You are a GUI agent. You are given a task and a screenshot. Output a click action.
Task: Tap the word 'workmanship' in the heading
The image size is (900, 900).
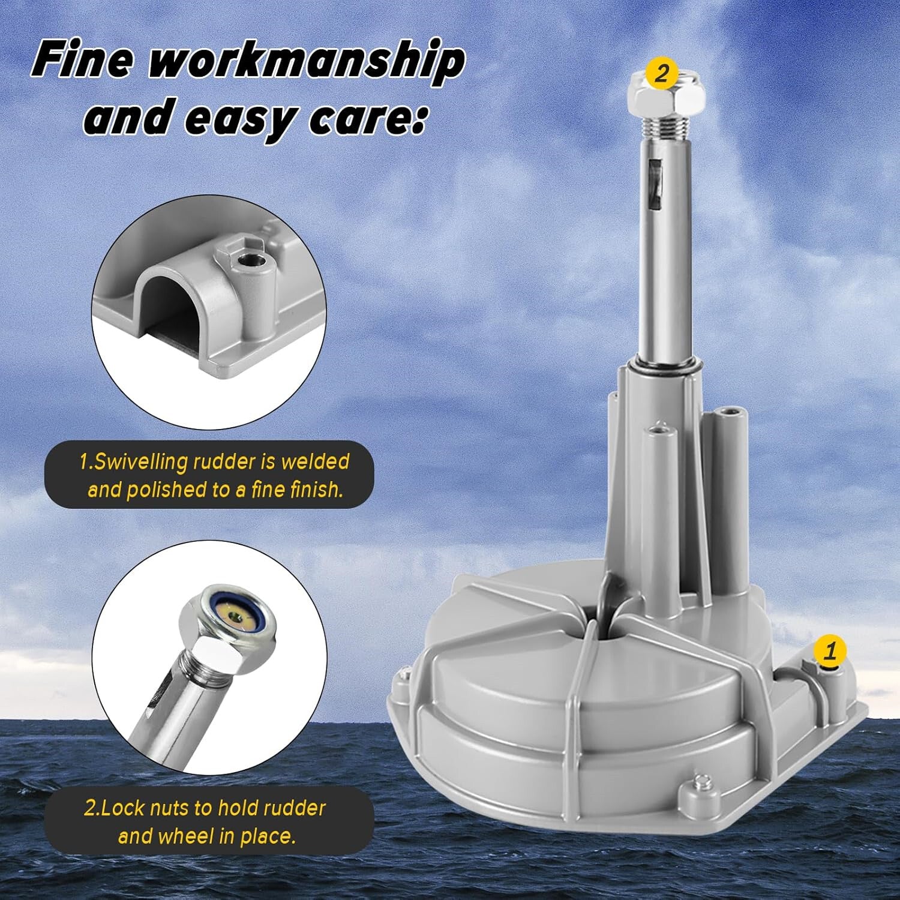point(307,62)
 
